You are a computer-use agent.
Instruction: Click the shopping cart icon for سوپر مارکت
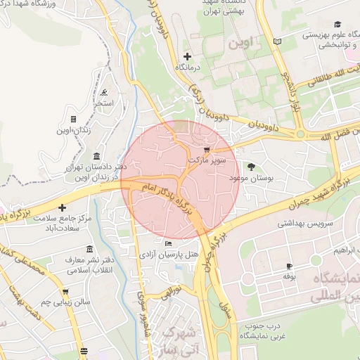[205, 150]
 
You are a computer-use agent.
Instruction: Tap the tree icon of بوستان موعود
[251, 167]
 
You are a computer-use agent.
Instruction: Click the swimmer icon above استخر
[104, 92]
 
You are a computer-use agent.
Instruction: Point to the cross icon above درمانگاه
[186, 56]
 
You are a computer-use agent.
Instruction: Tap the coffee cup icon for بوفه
[288, 266]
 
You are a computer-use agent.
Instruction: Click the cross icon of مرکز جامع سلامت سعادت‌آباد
[63, 208]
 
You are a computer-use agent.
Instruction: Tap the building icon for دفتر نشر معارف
[89, 250]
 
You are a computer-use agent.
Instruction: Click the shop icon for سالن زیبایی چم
[65, 291]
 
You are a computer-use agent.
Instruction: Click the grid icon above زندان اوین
[74, 119]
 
